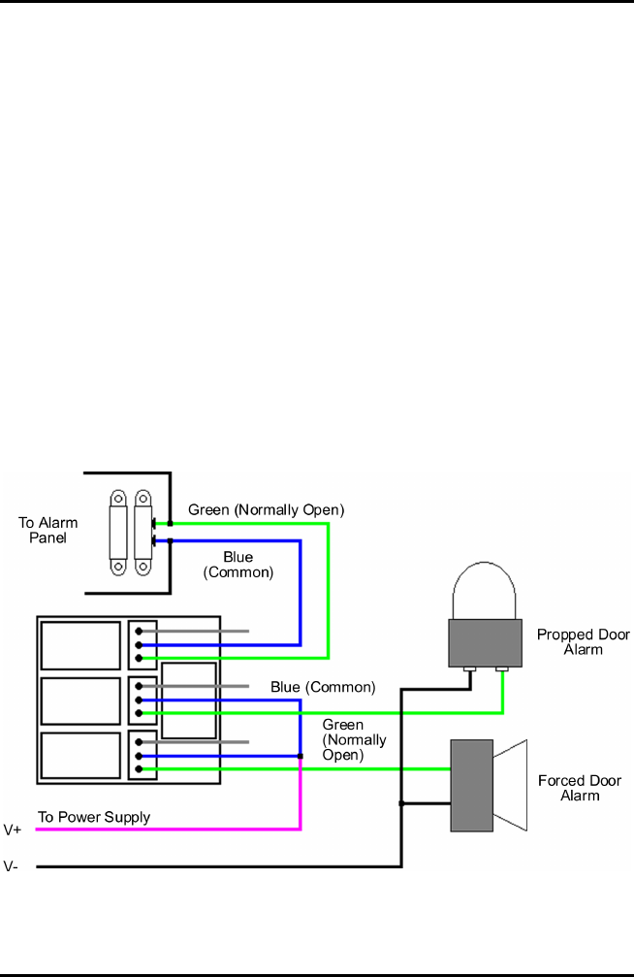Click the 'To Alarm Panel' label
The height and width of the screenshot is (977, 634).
coord(48,530)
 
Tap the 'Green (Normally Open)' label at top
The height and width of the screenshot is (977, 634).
coord(266,509)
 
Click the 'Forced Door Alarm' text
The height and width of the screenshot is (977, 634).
coord(580,787)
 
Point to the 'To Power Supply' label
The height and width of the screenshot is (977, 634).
coord(94,817)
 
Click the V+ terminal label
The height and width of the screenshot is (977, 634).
coord(13,830)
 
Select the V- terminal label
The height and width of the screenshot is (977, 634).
coord(12,866)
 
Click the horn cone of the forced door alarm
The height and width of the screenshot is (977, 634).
coord(510,785)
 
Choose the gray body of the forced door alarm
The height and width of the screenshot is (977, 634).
coord(472,785)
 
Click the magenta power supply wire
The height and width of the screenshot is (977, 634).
coord(165,829)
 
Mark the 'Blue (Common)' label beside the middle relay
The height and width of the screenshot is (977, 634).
coord(322,687)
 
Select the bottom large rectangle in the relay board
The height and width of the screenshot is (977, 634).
coord(80,755)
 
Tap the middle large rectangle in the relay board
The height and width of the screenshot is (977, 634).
coord(80,700)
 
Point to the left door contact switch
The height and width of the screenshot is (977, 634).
coord(118,530)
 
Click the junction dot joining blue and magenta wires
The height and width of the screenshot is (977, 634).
coord(301,756)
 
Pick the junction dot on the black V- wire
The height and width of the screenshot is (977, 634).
coord(401,802)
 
